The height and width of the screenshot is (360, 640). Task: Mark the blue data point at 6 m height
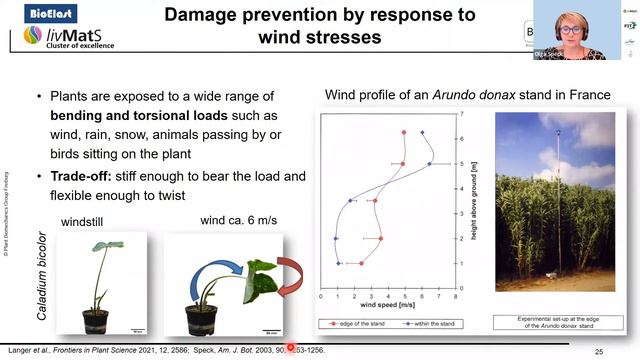(423, 132)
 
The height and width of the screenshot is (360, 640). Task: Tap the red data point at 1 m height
(361, 263)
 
